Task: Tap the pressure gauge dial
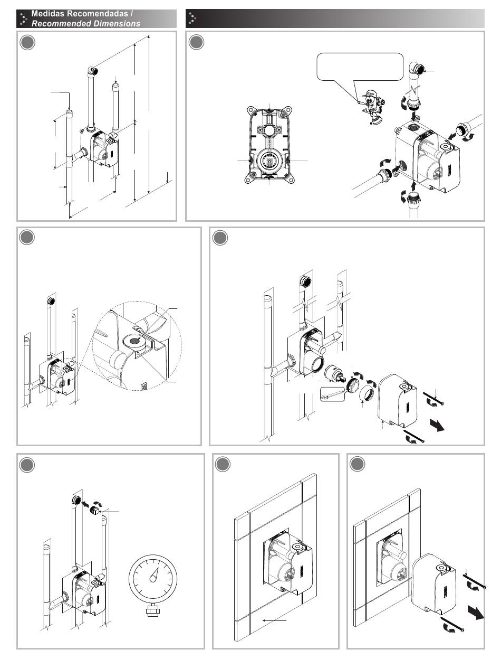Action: pyautogui.click(x=153, y=578)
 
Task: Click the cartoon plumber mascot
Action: pyautogui.click(x=373, y=107)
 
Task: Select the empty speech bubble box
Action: pyautogui.click(x=360, y=67)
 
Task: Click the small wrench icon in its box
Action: pyautogui.click(x=332, y=394)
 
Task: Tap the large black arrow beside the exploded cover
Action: pyautogui.click(x=437, y=425)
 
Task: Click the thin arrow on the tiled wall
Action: pyautogui.click(x=274, y=618)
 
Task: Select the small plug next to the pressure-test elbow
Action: pyautogui.click(x=96, y=510)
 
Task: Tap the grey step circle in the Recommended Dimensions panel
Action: pyautogui.click(x=27, y=42)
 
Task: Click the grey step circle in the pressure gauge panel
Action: pyautogui.click(x=27, y=465)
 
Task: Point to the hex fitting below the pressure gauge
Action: pyautogui.click(x=153, y=610)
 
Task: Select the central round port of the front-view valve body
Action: pyautogui.click(x=269, y=161)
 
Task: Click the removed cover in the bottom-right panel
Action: pyautogui.click(x=434, y=581)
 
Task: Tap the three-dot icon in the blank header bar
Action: pyautogui.click(x=192, y=18)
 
